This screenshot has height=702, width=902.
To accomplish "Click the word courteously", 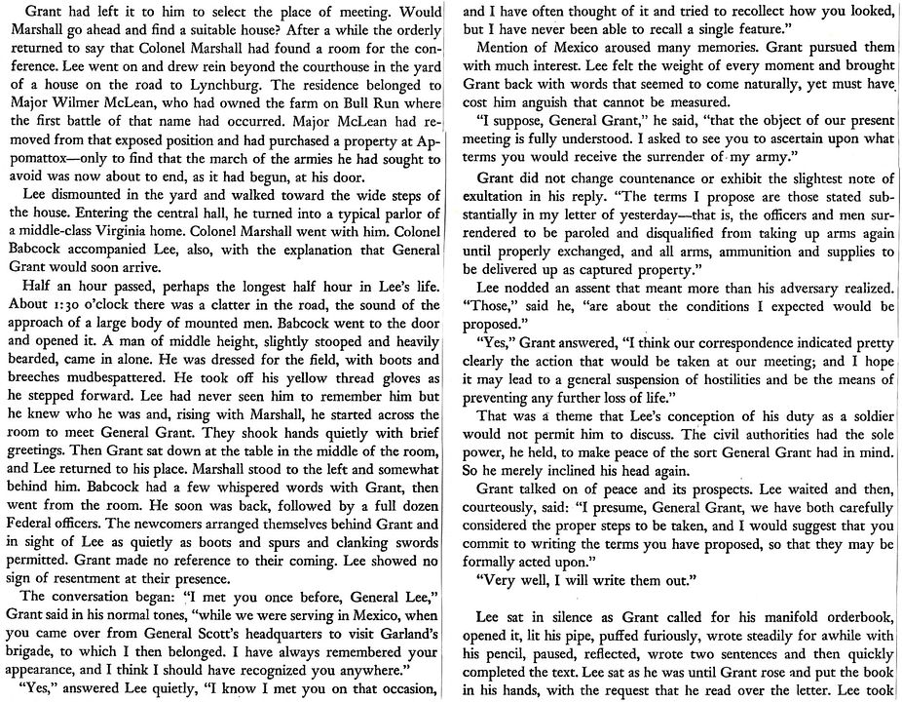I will coord(518,507).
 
